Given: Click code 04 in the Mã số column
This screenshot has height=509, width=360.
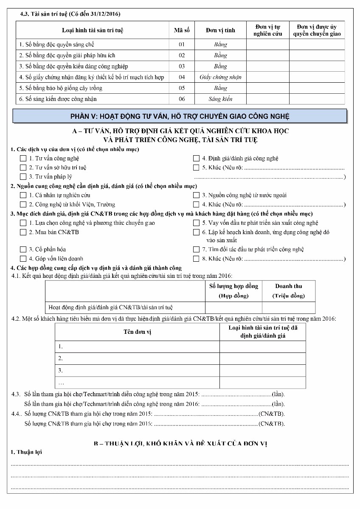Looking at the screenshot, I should [182, 77].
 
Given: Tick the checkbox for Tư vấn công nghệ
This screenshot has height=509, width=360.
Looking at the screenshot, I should [23, 158].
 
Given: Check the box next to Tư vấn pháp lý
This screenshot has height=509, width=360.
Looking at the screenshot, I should [23, 176].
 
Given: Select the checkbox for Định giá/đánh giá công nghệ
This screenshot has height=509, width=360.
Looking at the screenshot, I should [196, 158].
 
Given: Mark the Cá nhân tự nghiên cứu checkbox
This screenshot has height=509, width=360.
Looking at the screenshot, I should [23, 195].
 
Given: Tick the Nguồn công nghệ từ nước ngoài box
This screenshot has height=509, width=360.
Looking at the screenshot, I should [196, 195].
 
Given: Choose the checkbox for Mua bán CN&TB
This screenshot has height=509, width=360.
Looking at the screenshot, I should [23, 232].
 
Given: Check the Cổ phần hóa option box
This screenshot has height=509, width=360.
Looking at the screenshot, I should [23, 249].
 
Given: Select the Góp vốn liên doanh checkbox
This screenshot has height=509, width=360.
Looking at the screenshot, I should [23, 259].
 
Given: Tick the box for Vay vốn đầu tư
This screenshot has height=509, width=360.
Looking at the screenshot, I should [196, 223].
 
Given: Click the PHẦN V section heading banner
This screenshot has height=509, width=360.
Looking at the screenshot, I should [180, 116].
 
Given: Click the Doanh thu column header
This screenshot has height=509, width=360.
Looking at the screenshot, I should [288, 291].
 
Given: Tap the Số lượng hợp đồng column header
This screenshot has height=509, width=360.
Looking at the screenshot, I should [233, 291].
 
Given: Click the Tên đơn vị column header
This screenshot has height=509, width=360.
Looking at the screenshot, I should [137, 332].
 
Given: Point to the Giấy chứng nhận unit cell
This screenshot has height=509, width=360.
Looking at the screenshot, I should [220, 77].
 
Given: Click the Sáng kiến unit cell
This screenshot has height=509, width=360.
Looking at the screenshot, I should [220, 99].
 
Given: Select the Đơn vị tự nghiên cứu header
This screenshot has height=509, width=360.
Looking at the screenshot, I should [267, 31].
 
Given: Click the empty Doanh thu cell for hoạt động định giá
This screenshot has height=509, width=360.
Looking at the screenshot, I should [288, 308].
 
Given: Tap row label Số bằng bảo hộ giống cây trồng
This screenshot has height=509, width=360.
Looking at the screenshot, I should [61, 88].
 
